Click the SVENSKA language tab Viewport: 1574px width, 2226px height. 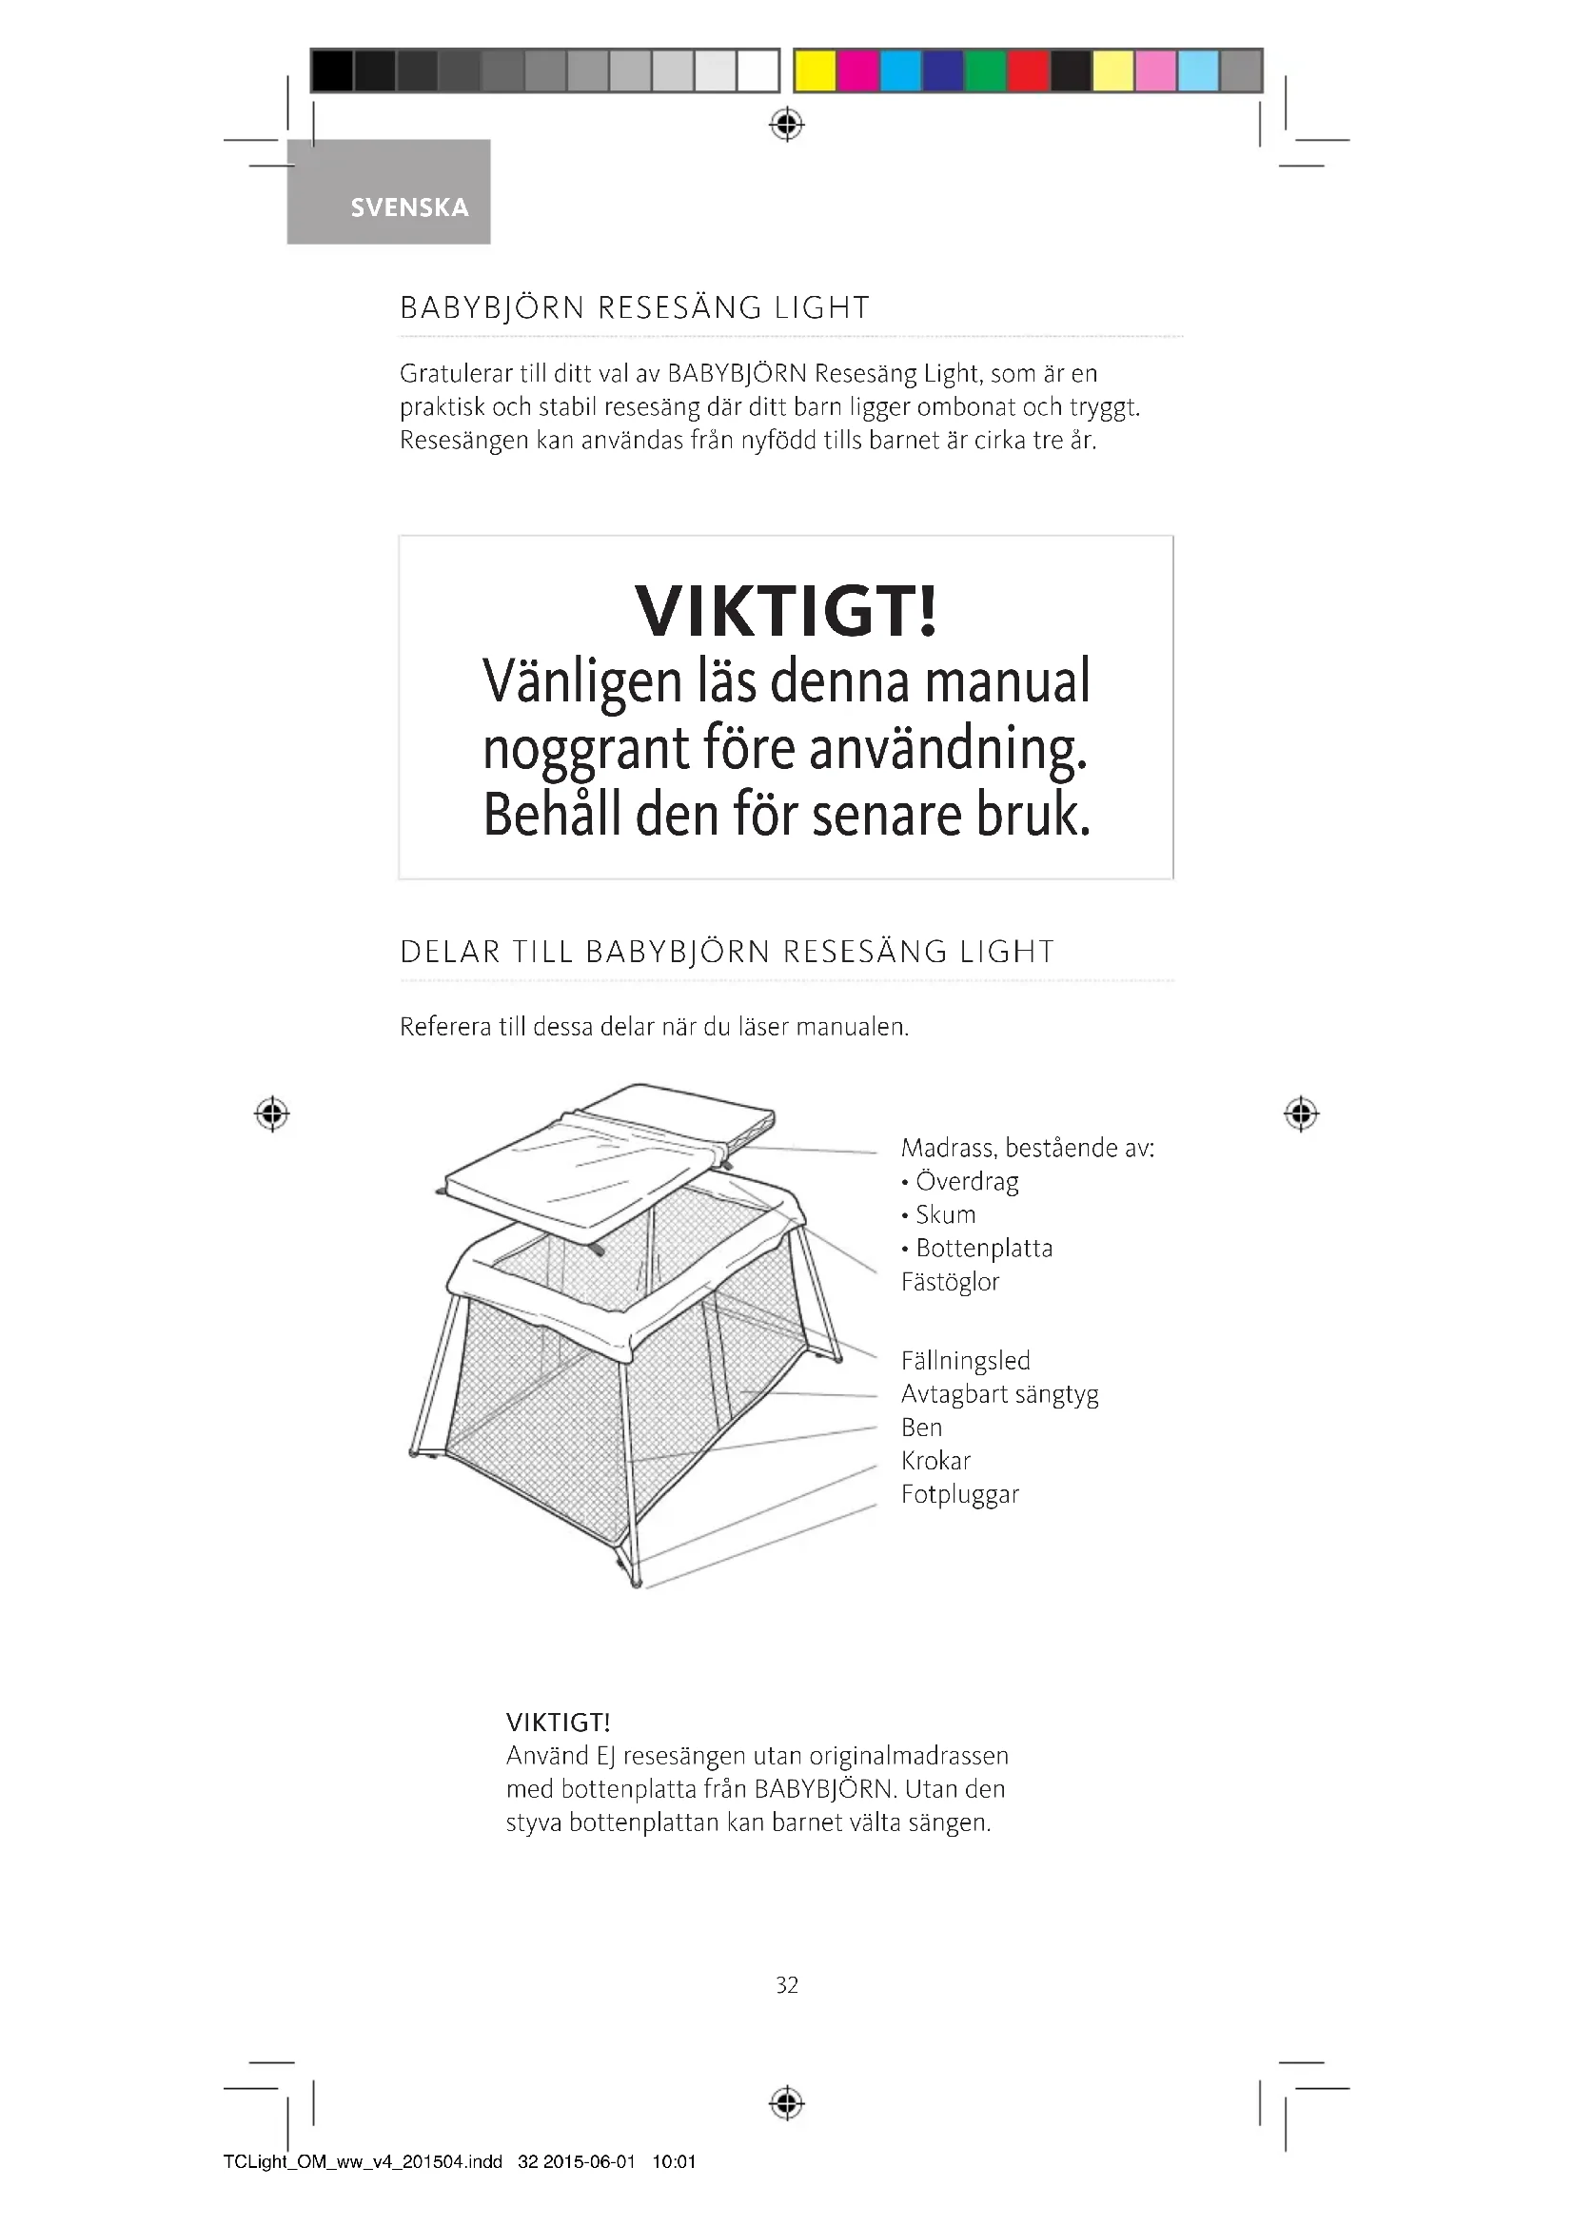(x=408, y=207)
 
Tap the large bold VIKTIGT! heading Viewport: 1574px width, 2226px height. (x=786, y=611)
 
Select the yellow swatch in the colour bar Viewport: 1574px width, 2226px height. (x=816, y=70)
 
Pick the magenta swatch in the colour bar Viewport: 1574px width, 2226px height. (x=857, y=70)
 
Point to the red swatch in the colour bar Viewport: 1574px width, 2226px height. (x=1028, y=70)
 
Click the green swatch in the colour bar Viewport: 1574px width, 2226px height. (x=985, y=70)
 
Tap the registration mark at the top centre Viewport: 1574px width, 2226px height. (x=787, y=125)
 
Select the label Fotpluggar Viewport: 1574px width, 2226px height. (x=959, y=1494)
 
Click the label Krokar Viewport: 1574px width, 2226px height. (x=935, y=1460)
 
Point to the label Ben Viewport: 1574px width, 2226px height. (x=921, y=1428)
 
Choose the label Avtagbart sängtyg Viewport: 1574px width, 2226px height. (x=999, y=1394)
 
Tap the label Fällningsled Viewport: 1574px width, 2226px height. (x=965, y=1360)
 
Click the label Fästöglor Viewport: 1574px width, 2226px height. (x=950, y=1282)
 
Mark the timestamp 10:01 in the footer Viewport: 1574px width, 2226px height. (x=674, y=2161)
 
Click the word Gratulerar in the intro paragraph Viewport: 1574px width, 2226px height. (x=456, y=373)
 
